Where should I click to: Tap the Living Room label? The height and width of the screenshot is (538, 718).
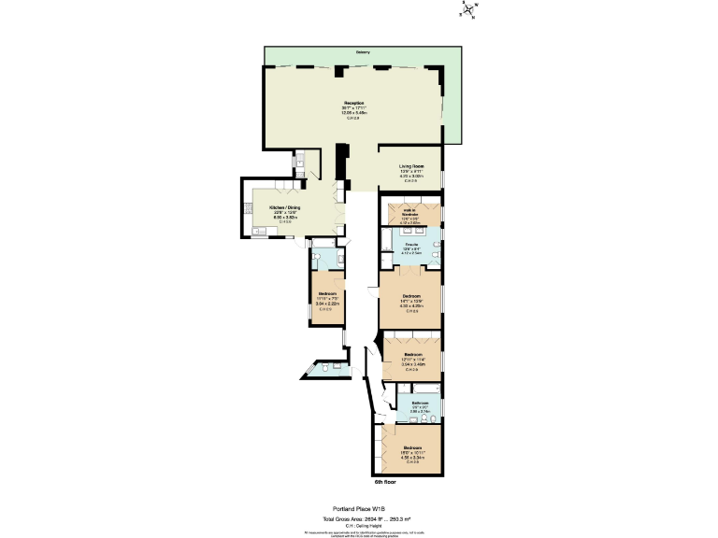point(411,166)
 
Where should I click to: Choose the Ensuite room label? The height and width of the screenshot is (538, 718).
point(411,245)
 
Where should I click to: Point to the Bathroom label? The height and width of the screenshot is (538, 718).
point(420,403)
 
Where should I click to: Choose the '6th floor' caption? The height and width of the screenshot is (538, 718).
point(386,481)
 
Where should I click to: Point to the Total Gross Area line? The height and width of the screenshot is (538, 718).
point(359,517)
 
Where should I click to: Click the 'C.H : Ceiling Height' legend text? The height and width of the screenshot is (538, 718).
point(359,524)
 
